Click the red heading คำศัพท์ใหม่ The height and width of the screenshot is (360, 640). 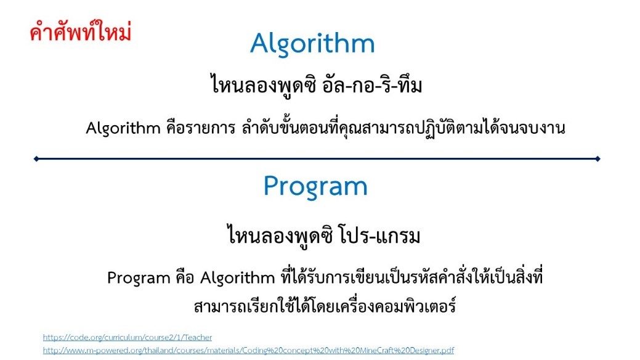(81, 32)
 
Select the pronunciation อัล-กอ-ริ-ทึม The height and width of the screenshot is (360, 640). (372, 84)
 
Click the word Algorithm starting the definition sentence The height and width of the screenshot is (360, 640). (123, 128)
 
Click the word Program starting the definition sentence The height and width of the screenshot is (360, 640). (139, 278)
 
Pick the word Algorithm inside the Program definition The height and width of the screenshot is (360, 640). (238, 278)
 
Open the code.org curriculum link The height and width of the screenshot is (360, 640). (128, 338)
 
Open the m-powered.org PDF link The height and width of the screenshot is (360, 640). (248, 350)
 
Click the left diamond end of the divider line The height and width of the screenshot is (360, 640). (36, 158)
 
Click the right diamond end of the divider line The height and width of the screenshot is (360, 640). (597, 158)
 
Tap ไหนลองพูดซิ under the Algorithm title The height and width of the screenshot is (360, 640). (264, 84)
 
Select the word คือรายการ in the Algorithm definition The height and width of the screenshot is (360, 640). (201, 128)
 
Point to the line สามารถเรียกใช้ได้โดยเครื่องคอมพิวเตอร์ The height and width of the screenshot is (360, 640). (325, 306)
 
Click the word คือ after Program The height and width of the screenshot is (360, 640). (185, 278)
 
